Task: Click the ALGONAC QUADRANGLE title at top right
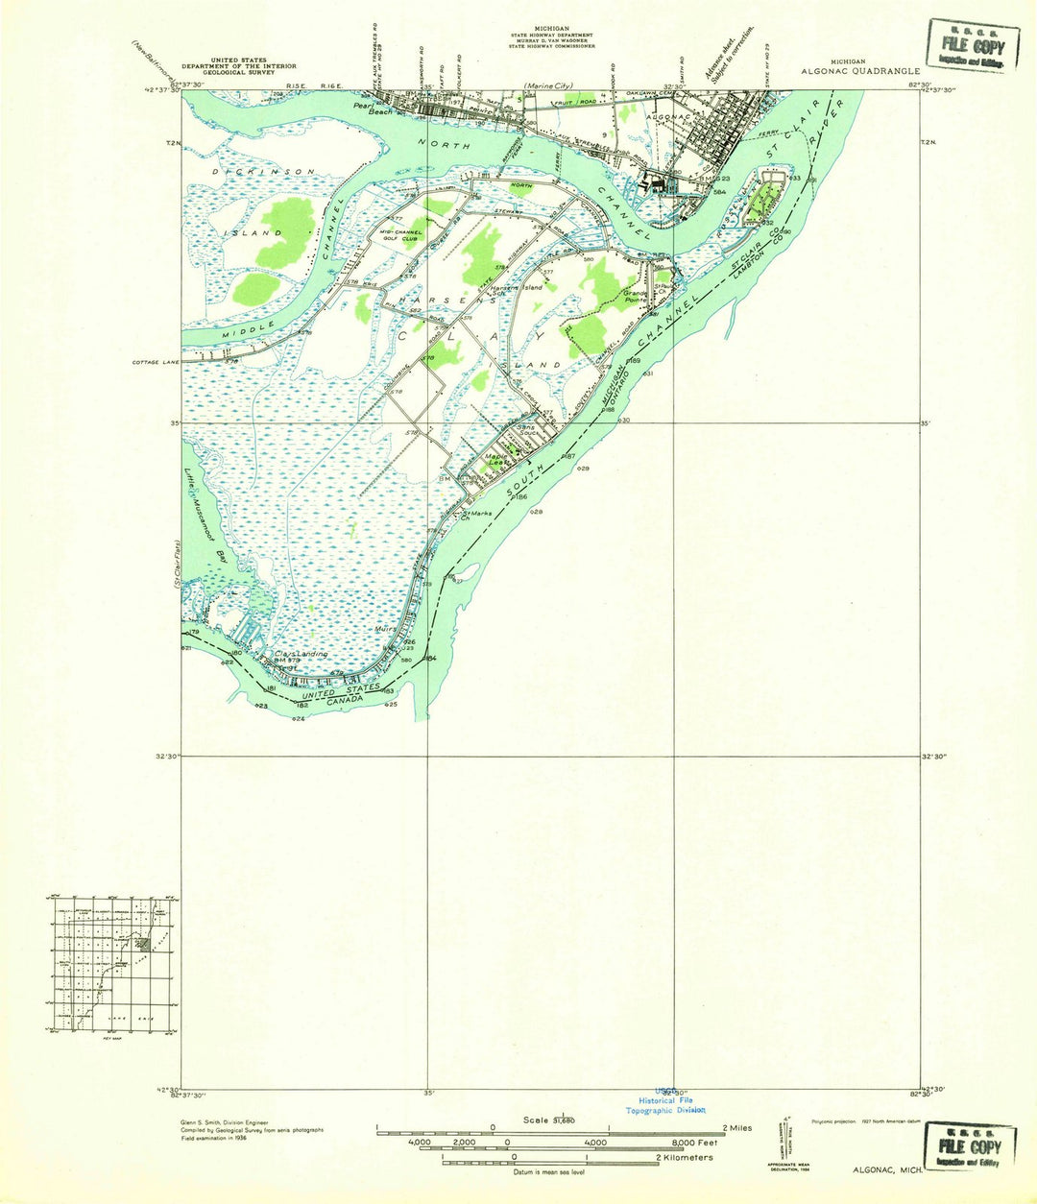click(x=860, y=70)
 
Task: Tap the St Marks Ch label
click(x=477, y=515)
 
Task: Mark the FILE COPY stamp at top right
click(x=972, y=46)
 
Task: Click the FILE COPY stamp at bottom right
click(x=970, y=1145)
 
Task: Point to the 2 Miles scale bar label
click(x=734, y=1128)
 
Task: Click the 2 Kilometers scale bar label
click(x=683, y=1157)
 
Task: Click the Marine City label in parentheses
click(x=548, y=86)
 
